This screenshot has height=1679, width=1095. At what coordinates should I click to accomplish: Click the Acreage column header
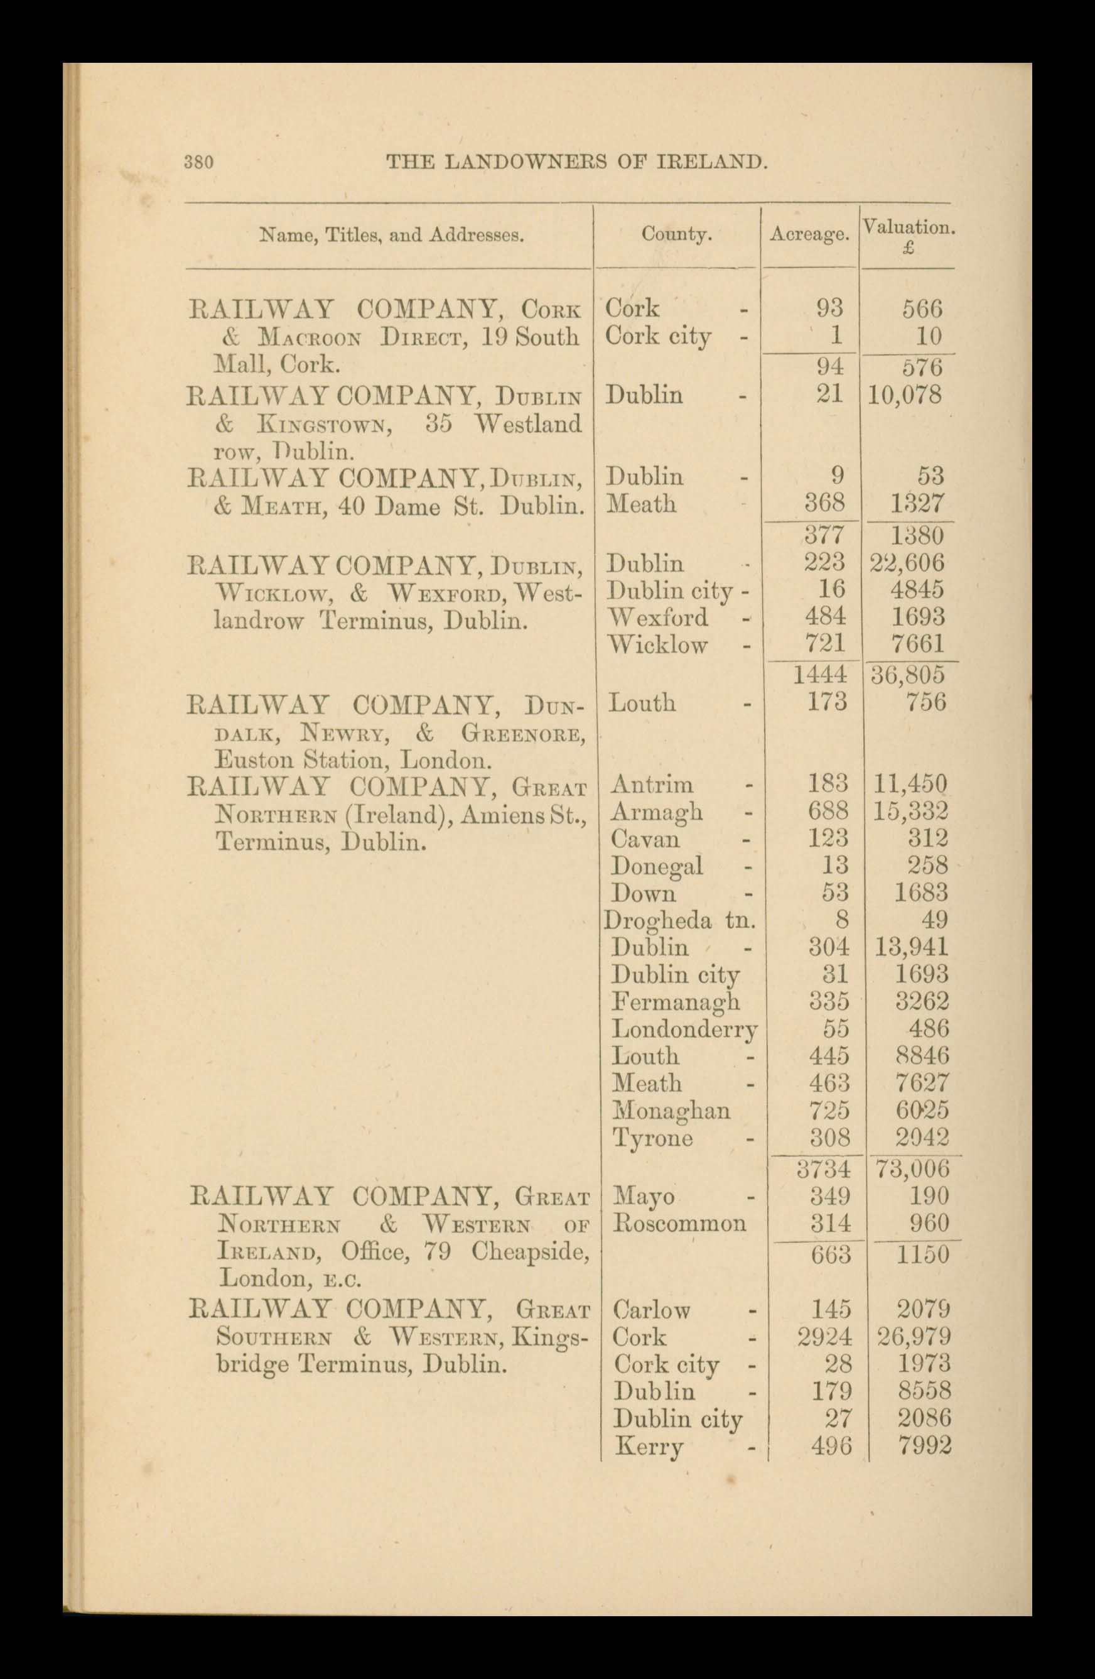[809, 235]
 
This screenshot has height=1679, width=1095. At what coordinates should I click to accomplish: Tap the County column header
[676, 235]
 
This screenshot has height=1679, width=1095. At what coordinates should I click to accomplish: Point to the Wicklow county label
[658, 645]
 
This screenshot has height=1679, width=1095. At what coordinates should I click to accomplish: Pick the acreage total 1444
[819, 675]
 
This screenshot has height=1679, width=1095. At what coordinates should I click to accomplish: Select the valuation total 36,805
[907, 675]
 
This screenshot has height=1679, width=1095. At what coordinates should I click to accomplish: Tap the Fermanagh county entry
[676, 1003]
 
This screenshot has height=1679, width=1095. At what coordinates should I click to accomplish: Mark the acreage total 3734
[823, 1169]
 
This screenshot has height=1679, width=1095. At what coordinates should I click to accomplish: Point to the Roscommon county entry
[679, 1222]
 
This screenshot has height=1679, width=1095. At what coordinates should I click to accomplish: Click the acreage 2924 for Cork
[824, 1336]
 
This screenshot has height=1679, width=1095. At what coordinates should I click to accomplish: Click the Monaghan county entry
[671, 1111]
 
